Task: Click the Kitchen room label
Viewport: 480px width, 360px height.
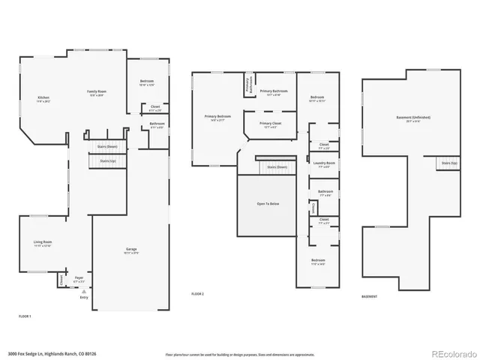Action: coord(43,97)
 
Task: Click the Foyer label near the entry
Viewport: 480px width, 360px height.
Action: coord(79,278)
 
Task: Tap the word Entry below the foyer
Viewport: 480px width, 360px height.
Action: coord(83,297)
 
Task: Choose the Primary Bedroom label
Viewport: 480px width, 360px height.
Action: coord(218,117)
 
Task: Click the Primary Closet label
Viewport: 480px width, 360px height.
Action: coord(270,124)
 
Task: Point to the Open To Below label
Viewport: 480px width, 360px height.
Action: coord(268,202)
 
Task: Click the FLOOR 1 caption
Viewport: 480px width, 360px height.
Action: coord(25,316)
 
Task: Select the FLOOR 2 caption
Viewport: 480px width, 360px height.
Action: coord(197,294)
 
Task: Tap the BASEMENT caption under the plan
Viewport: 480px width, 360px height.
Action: coord(369,296)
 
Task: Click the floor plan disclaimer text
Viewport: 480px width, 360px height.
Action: coord(239,353)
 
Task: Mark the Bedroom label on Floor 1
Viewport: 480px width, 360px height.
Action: coord(147,82)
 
